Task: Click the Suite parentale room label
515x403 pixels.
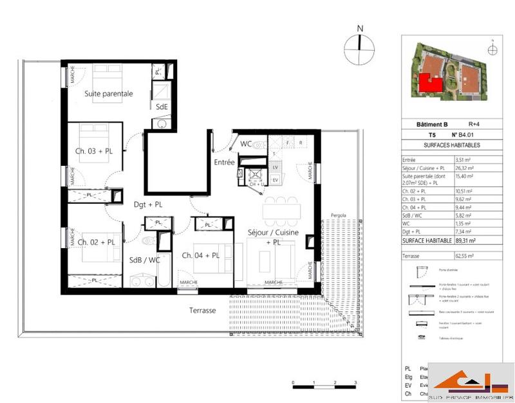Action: coord(109,93)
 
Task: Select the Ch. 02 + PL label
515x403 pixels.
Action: coord(97,242)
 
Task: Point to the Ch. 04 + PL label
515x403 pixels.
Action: coord(201,255)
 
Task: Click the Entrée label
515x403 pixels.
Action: coord(224,163)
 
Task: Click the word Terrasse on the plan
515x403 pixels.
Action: coord(202,310)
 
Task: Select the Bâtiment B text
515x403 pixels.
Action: coord(424,124)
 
